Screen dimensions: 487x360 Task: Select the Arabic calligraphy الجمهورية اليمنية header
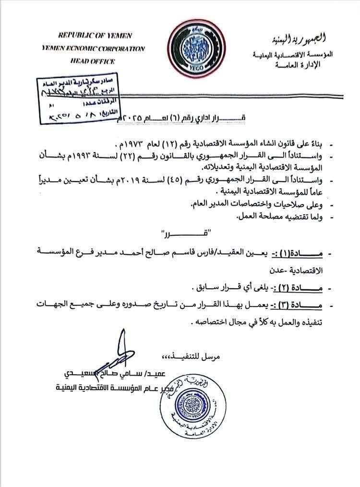301,38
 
